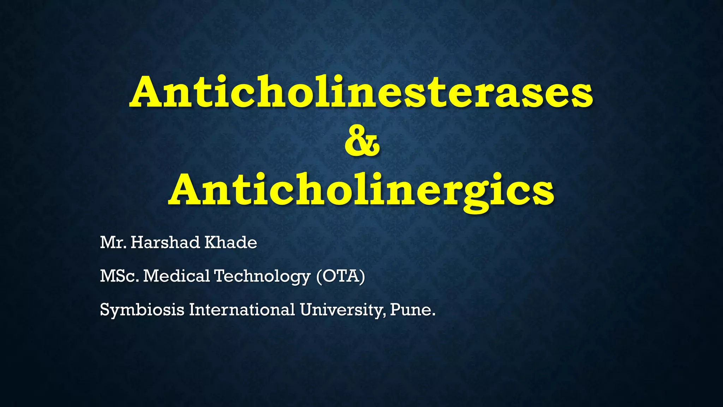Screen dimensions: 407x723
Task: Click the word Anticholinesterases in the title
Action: click(361, 92)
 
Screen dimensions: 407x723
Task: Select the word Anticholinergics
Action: click(361, 191)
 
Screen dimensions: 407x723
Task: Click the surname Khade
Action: click(231, 243)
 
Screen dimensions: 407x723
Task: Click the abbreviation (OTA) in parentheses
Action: click(341, 276)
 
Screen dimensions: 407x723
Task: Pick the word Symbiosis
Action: click(142, 310)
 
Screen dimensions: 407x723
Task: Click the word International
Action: click(242, 309)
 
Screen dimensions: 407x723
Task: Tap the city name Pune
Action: click(412, 310)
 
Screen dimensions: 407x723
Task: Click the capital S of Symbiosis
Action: click(105, 309)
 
